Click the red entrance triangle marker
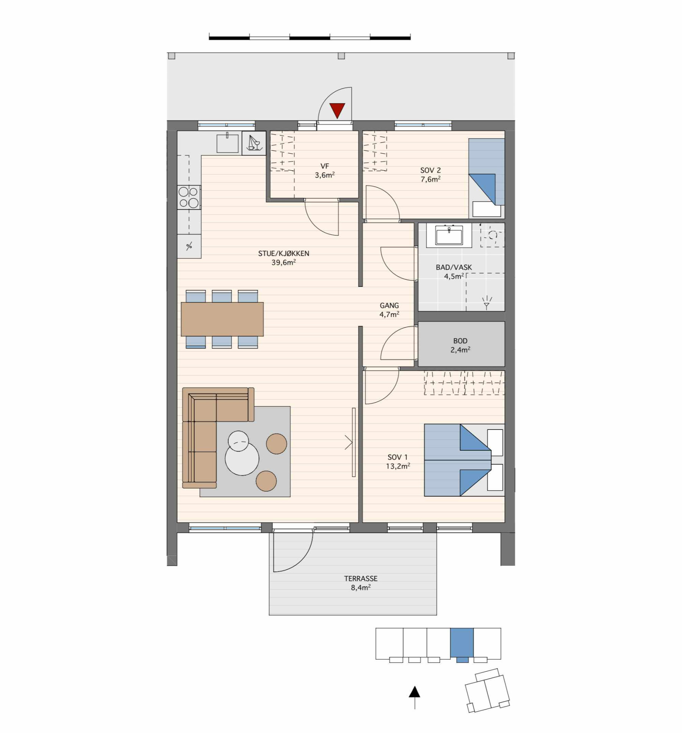pyautogui.click(x=337, y=110)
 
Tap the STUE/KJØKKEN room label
pyautogui.click(x=284, y=253)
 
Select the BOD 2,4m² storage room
pyautogui.click(x=461, y=344)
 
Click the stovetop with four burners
pyautogui.click(x=189, y=197)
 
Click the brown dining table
pyautogui.click(x=222, y=319)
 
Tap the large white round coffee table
pyautogui.click(x=242, y=458)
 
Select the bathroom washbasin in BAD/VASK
pyautogui.click(x=449, y=235)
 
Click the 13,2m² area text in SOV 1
pyautogui.click(x=398, y=466)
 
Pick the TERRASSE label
pyautogui.click(x=361, y=578)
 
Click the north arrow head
pyautogui.click(x=415, y=692)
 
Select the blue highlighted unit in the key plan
pyautogui.click(x=462, y=643)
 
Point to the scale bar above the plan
pyautogui.click(x=310, y=38)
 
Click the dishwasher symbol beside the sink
pyautogui.click(x=254, y=143)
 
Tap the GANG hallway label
pyautogui.click(x=389, y=305)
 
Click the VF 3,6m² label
pyautogui.click(x=325, y=171)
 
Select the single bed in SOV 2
pyautogui.click(x=486, y=178)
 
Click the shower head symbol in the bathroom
pyautogui.click(x=487, y=303)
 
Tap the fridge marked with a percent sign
pyautogui.click(x=189, y=246)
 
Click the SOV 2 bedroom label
pyautogui.click(x=430, y=170)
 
